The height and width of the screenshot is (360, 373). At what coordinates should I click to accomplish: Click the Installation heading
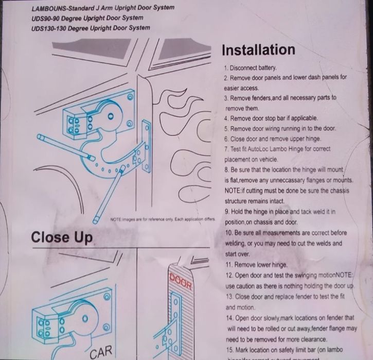(258, 50)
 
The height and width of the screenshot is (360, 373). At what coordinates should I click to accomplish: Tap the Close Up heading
(62, 237)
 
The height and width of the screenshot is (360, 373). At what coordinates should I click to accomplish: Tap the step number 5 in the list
(226, 129)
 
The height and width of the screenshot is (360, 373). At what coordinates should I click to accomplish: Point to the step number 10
(228, 233)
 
